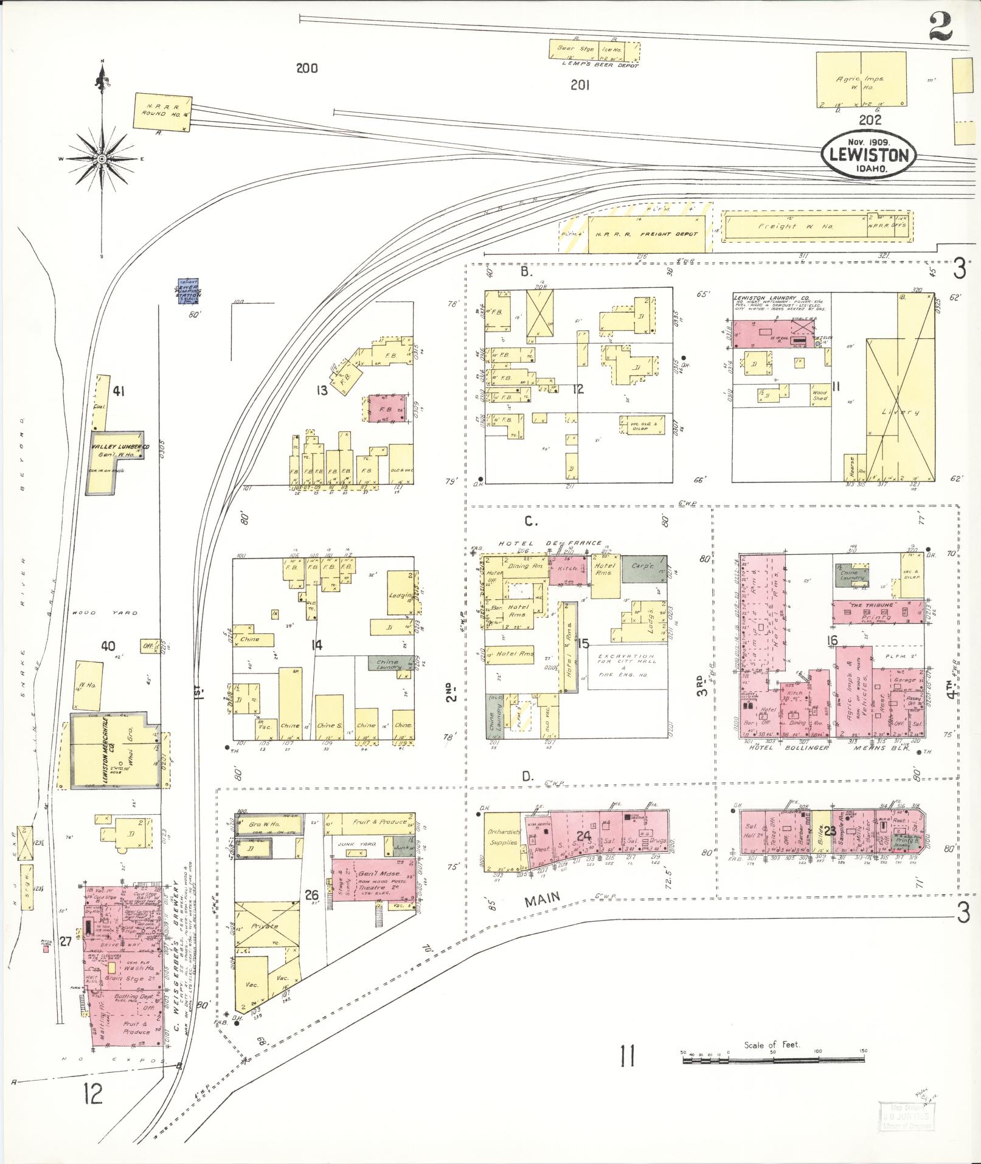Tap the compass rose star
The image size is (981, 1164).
pos(102,159)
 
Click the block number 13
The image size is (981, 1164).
pos(322,390)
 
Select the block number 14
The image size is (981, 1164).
pos(316,645)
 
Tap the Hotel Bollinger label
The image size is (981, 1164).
pos(788,748)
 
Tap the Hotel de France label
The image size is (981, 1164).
pos(550,543)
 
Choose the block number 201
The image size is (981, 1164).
pos(580,86)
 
